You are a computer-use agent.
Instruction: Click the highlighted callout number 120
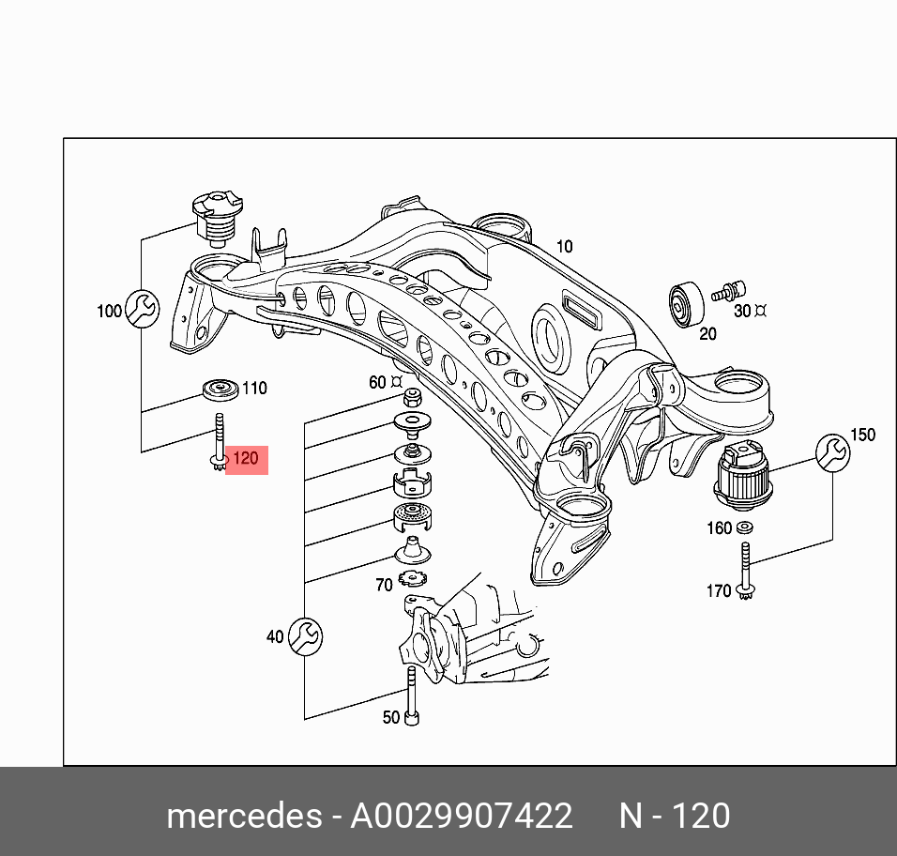[246, 459]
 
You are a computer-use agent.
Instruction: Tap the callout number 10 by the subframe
[564, 247]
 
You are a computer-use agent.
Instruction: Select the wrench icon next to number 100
[142, 309]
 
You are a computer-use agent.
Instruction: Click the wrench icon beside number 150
[832, 453]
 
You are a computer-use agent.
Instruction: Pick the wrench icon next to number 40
[305, 636]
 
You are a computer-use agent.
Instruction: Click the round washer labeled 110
[220, 390]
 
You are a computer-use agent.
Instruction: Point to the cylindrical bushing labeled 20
[687, 304]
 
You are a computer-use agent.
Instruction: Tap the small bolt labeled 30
[728, 291]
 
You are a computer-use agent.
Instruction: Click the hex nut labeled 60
[413, 396]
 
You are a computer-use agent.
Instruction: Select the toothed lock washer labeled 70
[413, 578]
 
